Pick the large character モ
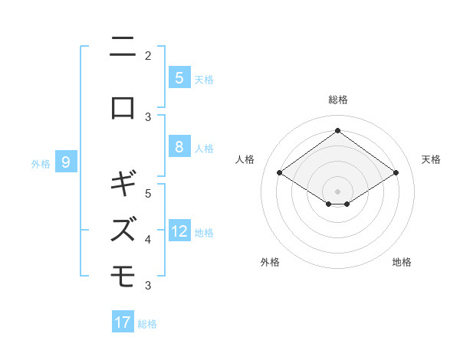click(123, 274)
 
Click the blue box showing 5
click(179, 78)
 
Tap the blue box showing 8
click(179, 147)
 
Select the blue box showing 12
click(179, 231)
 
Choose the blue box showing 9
click(67, 162)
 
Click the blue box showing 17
click(123, 322)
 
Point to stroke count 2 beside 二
click(148, 55)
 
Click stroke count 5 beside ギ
click(148, 194)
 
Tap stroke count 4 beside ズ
click(148, 240)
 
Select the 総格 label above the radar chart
click(337, 100)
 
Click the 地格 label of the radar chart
click(402, 262)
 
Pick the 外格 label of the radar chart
click(270, 262)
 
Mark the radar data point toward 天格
click(396, 173)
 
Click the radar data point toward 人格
click(279, 173)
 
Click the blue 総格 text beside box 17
click(147, 324)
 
